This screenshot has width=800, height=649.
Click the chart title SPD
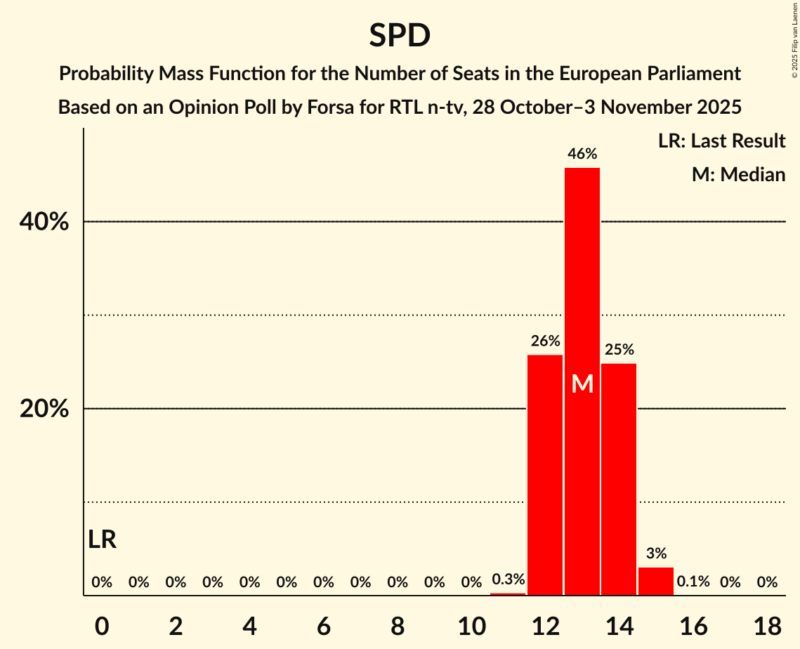[x=400, y=35]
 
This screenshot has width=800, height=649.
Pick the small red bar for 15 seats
[x=656, y=581]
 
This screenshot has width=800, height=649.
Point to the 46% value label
[x=582, y=154]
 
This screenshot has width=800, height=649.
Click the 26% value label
[x=545, y=341]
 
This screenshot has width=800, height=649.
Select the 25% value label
[x=619, y=349]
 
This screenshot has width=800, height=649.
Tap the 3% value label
[x=656, y=553]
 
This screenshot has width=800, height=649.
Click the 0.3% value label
[x=508, y=580]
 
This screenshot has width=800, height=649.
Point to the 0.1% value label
[x=693, y=582]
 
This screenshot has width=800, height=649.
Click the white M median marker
[x=582, y=384]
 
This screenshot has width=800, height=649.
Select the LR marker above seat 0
[x=103, y=539]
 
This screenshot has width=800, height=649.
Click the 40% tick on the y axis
[x=44, y=222]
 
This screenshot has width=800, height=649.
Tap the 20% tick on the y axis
[x=44, y=409]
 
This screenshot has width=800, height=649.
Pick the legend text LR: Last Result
[x=721, y=141]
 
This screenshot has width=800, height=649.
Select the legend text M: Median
[x=738, y=174]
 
